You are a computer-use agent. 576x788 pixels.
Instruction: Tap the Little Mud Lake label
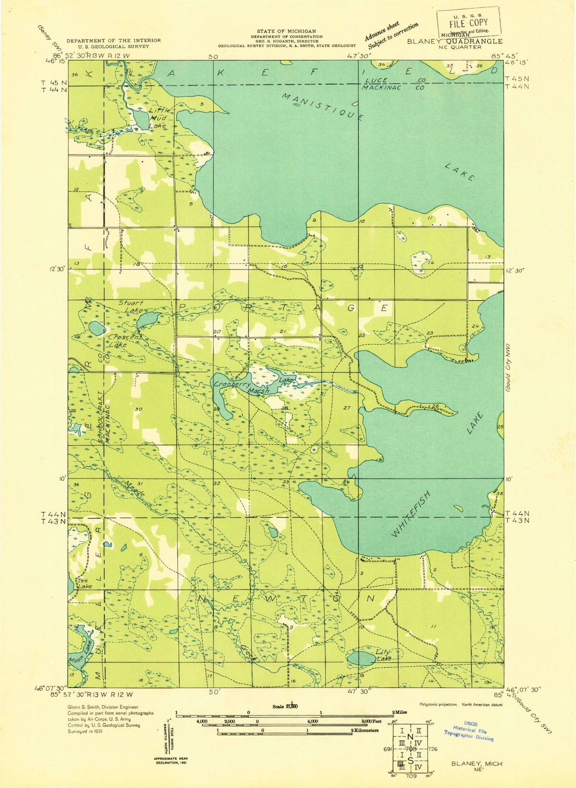(x=157, y=118)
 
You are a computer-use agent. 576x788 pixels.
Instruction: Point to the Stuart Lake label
(x=131, y=306)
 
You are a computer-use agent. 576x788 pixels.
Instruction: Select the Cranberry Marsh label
(x=241, y=387)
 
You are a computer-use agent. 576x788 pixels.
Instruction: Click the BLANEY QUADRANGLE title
(x=454, y=41)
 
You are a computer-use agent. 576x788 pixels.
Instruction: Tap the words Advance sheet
(x=381, y=31)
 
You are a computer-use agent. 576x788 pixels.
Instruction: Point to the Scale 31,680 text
(x=285, y=706)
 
